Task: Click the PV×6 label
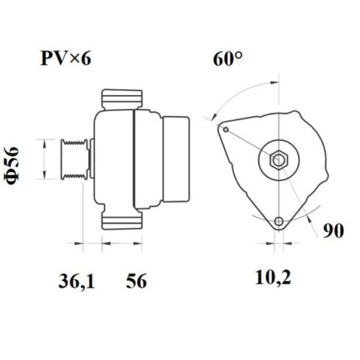(66, 58)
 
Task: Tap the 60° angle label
(228, 59)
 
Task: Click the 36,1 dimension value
(76, 282)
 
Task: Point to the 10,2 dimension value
(273, 278)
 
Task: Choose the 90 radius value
(333, 231)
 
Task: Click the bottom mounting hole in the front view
(279, 221)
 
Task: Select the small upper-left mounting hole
(226, 130)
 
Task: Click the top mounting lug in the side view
(122, 99)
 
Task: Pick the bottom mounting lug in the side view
(122, 220)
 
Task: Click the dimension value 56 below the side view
(136, 282)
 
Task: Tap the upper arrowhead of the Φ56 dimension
(44, 143)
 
